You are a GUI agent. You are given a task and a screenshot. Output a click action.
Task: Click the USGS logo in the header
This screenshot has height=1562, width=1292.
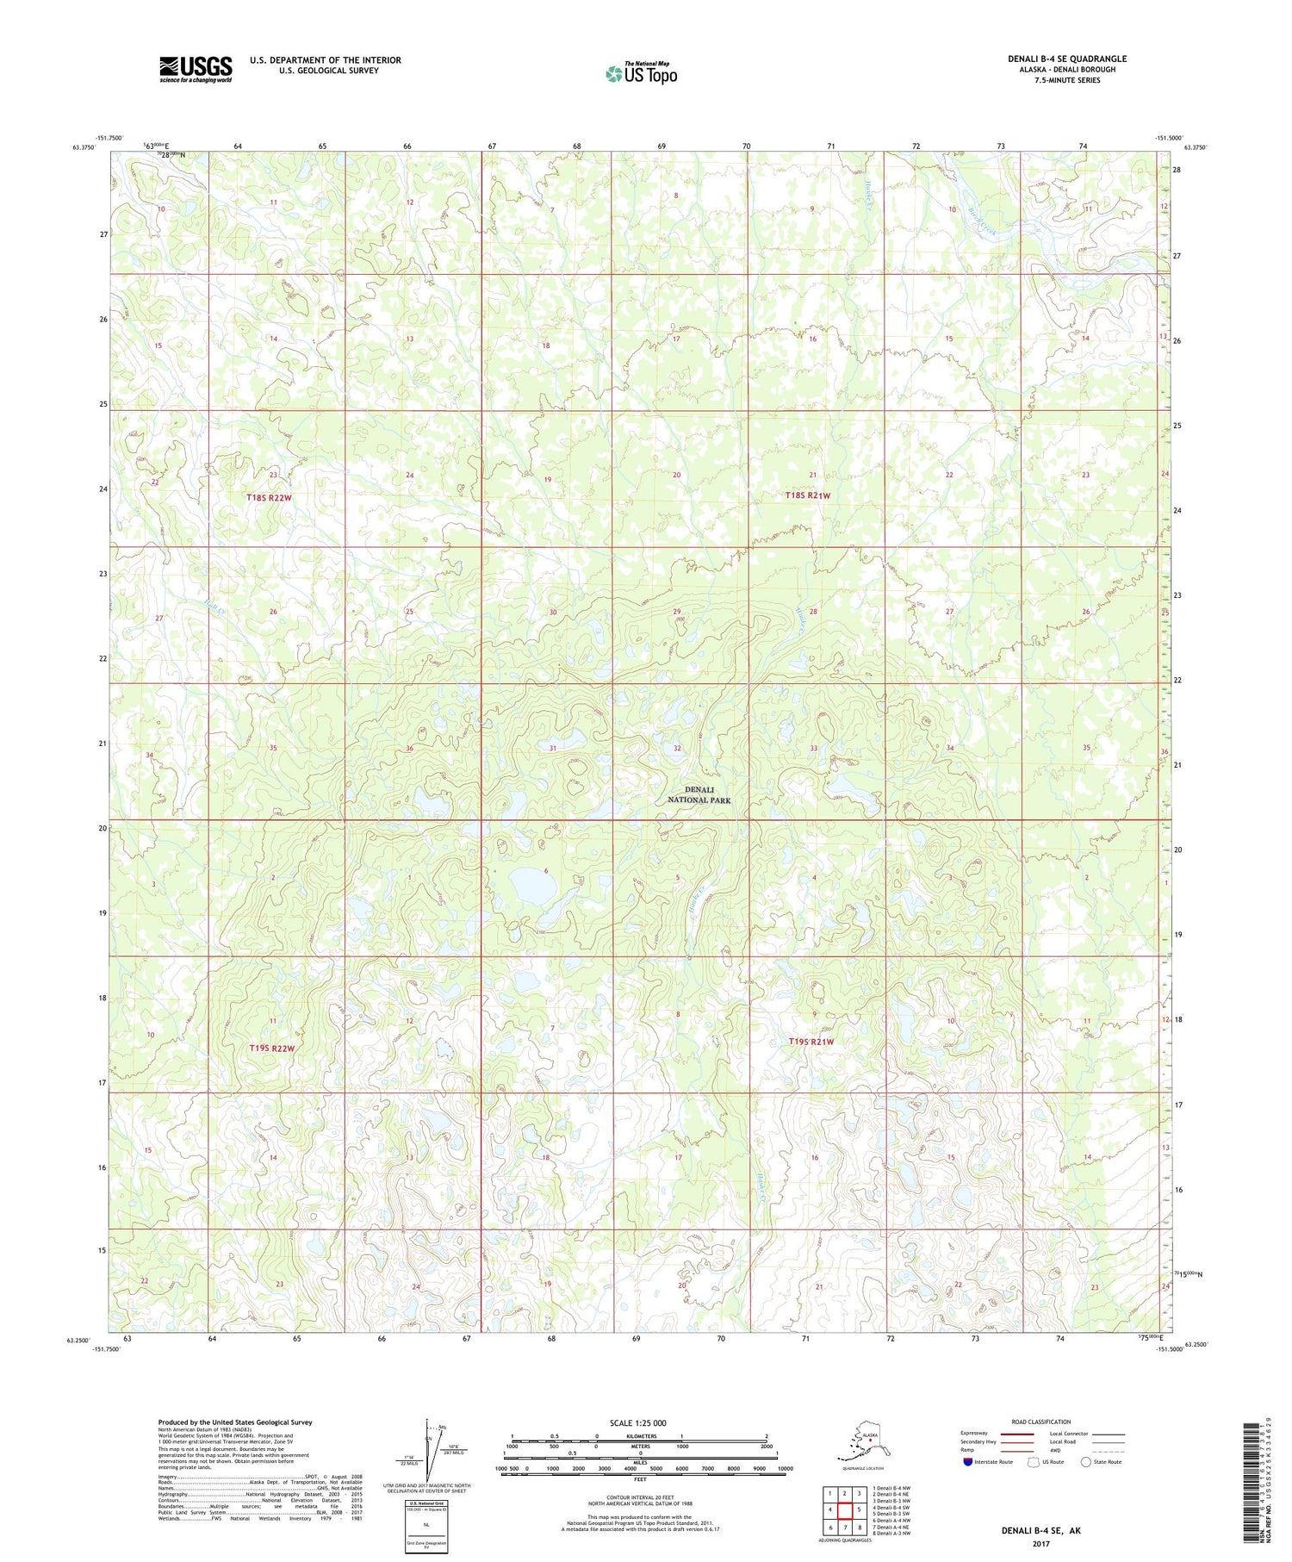point(196,69)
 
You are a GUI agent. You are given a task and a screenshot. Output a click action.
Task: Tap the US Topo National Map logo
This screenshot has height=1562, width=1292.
point(641,72)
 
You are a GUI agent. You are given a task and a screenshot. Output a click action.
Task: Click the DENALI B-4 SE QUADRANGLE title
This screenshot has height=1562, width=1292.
point(1067,59)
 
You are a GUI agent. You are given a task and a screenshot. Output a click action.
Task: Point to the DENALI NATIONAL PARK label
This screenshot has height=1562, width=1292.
point(699,794)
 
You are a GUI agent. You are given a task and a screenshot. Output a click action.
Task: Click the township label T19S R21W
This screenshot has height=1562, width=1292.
point(811,1042)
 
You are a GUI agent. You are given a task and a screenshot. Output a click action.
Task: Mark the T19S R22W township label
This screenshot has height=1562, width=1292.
point(272,1049)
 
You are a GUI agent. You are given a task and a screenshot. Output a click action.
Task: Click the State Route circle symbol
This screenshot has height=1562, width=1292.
point(1086,1462)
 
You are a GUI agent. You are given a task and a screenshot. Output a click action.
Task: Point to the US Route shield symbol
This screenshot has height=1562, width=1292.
point(1034,1462)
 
